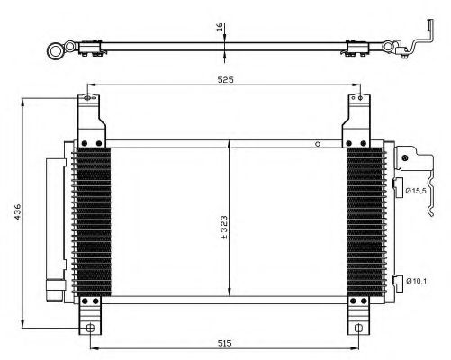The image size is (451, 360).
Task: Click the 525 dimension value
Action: point(225,80)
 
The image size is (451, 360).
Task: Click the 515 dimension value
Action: point(224,343)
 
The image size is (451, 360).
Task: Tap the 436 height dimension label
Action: point(17,211)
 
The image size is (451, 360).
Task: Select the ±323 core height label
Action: point(224,228)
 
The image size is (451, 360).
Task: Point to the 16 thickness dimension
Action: point(220,27)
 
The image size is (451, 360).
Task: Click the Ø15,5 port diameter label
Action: point(416,191)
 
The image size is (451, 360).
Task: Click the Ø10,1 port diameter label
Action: point(416,281)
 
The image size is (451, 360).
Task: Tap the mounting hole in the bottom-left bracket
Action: point(90,328)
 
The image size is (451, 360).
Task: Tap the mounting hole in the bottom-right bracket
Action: point(358,328)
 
